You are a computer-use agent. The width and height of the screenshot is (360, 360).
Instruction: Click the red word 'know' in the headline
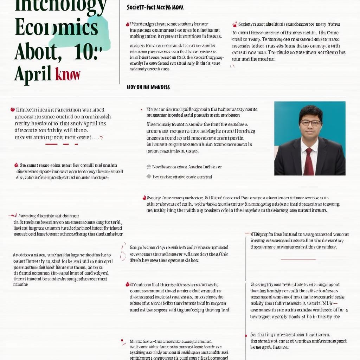coord(68,74)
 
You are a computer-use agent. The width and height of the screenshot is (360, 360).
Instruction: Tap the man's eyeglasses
coord(310,123)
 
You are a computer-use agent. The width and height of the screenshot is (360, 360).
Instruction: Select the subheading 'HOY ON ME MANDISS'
coord(148,87)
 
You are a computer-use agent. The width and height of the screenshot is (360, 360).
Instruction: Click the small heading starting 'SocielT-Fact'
coord(155,7)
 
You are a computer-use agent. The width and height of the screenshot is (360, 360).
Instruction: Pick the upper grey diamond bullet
coord(149,167)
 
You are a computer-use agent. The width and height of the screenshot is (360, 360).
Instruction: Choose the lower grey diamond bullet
coord(149,176)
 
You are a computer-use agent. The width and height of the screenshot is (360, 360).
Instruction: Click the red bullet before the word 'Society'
coord(234,25)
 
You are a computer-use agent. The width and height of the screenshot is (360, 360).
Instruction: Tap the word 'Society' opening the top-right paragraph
coord(245,24)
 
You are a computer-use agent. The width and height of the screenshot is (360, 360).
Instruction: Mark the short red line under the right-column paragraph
coord(298,259)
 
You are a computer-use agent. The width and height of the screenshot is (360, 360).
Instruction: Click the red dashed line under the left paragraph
coord(62,144)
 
